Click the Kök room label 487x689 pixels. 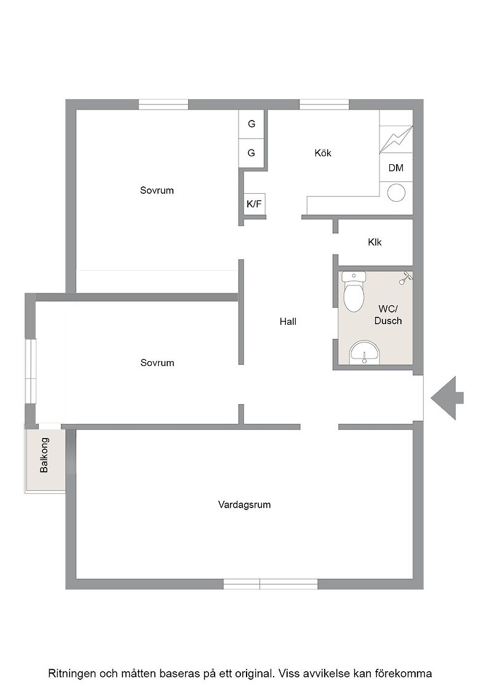[323, 153]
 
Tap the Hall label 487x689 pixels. [288, 322]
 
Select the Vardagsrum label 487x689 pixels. [244, 504]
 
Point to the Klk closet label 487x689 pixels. [374, 242]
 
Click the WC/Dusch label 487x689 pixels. [388, 315]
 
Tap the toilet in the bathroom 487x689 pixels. [354, 292]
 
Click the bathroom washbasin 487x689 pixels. [365, 352]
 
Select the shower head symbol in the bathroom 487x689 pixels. [405, 278]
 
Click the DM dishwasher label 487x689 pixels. [395, 168]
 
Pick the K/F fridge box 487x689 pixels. [254, 204]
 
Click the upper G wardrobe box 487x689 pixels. [251, 124]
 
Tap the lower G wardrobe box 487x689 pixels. [251, 153]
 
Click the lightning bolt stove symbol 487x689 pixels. [396, 139]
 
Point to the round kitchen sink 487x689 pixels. [397, 192]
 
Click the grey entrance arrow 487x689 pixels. [447, 398]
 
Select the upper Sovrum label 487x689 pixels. [157, 190]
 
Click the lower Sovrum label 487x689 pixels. [157, 363]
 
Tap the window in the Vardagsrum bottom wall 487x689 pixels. [271, 584]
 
